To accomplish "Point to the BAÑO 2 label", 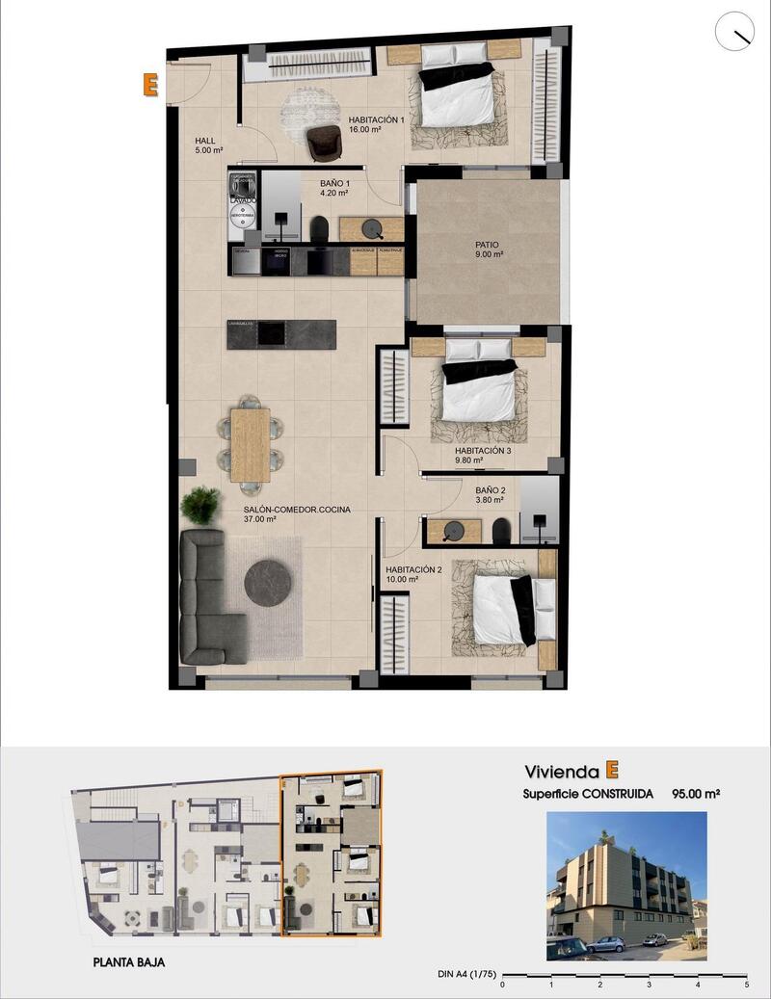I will pos(491,489).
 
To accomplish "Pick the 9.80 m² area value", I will pos(471,460).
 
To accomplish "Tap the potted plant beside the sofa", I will pos(200,504).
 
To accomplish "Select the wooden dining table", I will pos(251,443).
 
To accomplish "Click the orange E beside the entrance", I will pos(149,85).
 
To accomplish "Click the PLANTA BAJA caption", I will pos(136,961).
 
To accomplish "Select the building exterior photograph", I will pos(625,885).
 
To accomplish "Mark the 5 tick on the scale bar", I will pos(747,985).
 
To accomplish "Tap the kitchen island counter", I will pos(281,332).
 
